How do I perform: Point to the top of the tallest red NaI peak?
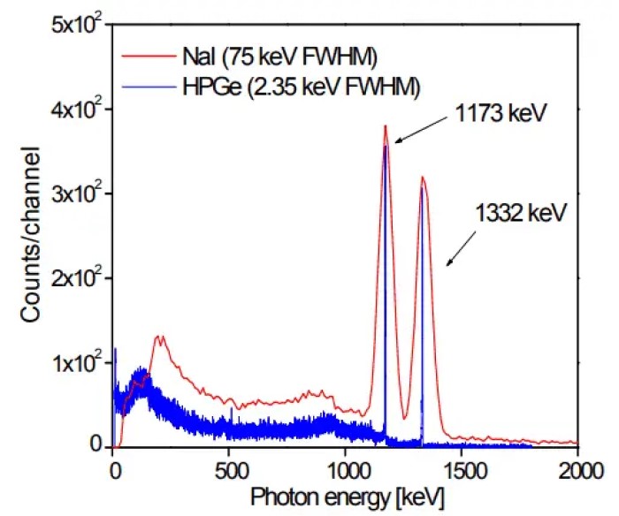coord(386,125)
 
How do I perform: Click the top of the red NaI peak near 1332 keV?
coord(423,177)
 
